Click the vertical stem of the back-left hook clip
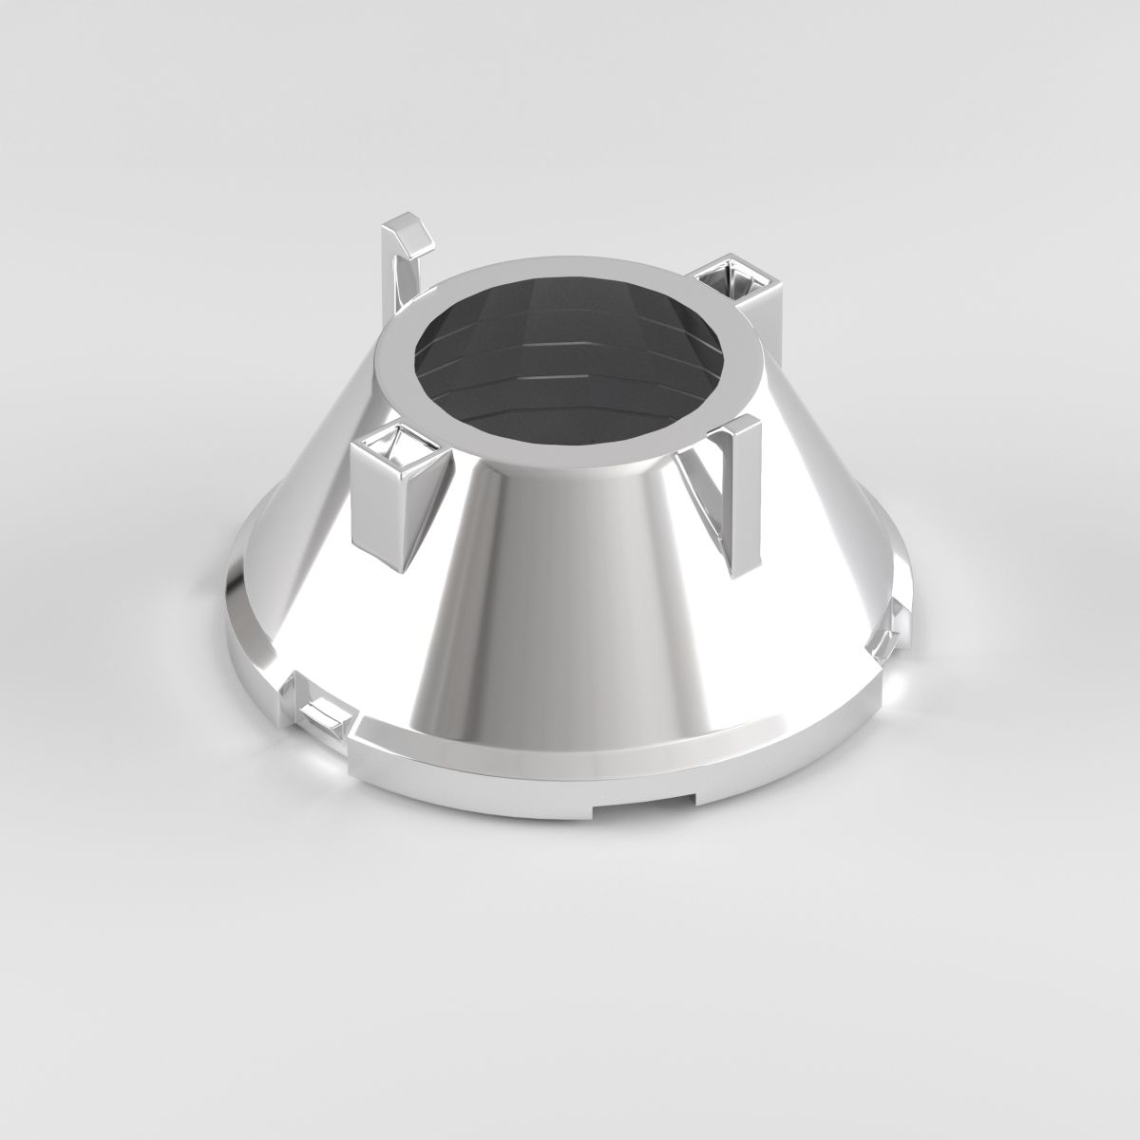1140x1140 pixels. pyautogui.click(x=389, y=275)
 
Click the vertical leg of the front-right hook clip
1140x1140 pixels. pyautogui.click(x=735, y=494)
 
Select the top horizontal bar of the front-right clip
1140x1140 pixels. pyautogui.click(x=731, y=425)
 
